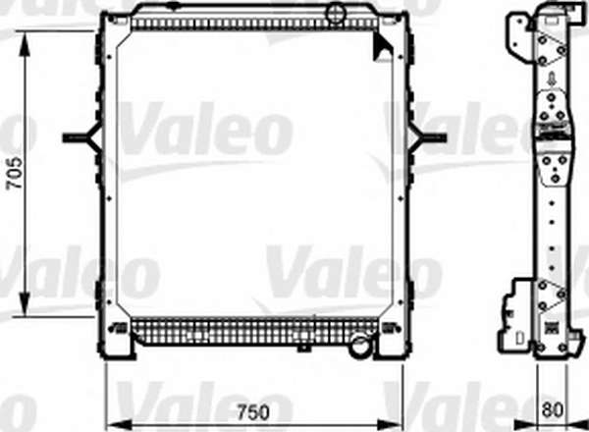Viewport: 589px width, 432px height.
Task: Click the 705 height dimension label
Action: [15, 173]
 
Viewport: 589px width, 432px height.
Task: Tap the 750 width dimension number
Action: [253, 412]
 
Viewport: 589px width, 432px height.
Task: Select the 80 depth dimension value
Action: [553, 409]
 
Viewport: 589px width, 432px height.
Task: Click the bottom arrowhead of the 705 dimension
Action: [25, 303]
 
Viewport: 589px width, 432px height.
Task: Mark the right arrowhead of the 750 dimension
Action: [390, 425]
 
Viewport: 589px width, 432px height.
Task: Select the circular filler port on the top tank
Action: [336, 14]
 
